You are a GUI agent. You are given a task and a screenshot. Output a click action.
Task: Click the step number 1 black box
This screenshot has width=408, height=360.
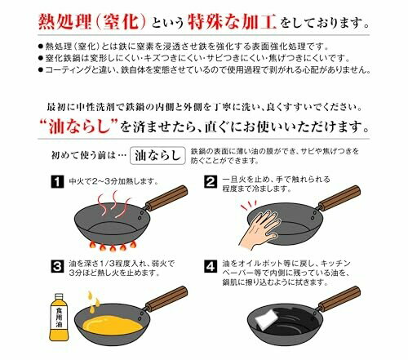point(57,181)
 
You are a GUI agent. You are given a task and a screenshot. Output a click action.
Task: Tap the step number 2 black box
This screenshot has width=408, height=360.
point(211,181)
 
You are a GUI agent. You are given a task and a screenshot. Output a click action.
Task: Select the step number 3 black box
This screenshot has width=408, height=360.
point(57,266)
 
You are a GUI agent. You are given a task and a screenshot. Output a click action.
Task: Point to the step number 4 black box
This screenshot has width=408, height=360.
point(211,266)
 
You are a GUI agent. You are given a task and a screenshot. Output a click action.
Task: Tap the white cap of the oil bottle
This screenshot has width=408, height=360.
point(59,296)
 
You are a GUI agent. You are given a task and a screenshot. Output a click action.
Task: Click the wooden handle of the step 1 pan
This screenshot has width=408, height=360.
point(166,198)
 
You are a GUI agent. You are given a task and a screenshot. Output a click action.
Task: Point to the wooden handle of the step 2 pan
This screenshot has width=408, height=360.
point(339,198)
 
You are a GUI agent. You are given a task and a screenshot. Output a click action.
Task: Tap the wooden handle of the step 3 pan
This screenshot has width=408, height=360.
point(166,299)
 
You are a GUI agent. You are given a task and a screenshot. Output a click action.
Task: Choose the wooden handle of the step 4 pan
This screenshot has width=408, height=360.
point(339,299)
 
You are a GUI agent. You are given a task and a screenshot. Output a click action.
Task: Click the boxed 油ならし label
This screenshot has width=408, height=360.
point(157,156)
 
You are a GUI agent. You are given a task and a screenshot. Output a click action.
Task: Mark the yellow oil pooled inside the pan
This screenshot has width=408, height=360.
point(112,325)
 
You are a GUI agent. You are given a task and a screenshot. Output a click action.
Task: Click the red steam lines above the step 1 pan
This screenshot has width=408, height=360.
point(114,204)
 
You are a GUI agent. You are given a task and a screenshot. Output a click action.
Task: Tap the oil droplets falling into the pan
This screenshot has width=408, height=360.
point(93,301)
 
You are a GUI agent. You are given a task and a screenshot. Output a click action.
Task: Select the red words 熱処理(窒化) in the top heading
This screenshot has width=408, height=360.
point(92,22)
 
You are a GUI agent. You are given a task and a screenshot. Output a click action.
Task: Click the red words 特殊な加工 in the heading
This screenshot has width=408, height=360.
point(233,22)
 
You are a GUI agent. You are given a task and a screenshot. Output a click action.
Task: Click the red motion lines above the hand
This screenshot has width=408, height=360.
point(249,206)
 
